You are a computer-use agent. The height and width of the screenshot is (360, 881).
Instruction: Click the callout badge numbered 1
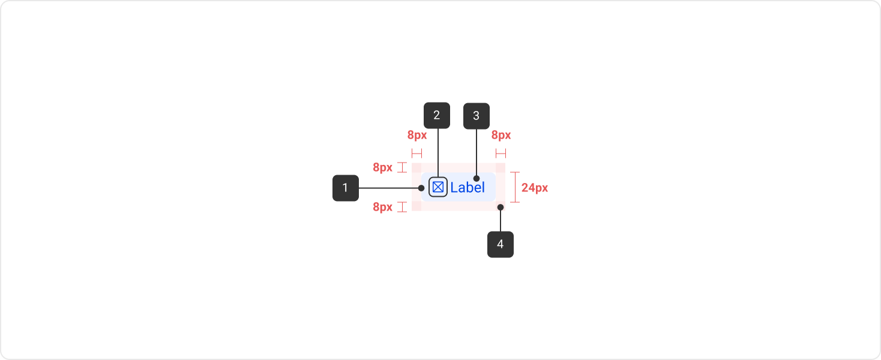click(x=345, y=188)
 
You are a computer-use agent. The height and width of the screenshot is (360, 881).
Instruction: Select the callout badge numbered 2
click(x=436, y=115)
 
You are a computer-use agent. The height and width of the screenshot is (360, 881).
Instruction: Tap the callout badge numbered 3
click(x=476, y=116)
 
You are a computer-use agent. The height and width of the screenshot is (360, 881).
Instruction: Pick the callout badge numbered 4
click(x=500, y=244)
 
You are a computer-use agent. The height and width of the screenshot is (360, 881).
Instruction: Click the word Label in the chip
click(x=468, y=188)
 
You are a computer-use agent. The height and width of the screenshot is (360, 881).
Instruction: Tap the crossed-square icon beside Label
click(x=438, y=187)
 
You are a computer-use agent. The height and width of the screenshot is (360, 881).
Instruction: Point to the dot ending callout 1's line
click(x=421, y=188)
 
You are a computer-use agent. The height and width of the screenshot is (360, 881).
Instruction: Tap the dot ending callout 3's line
click(x=476, y=178)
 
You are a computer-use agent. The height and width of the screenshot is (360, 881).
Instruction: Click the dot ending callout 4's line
click(x=500, y=207)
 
